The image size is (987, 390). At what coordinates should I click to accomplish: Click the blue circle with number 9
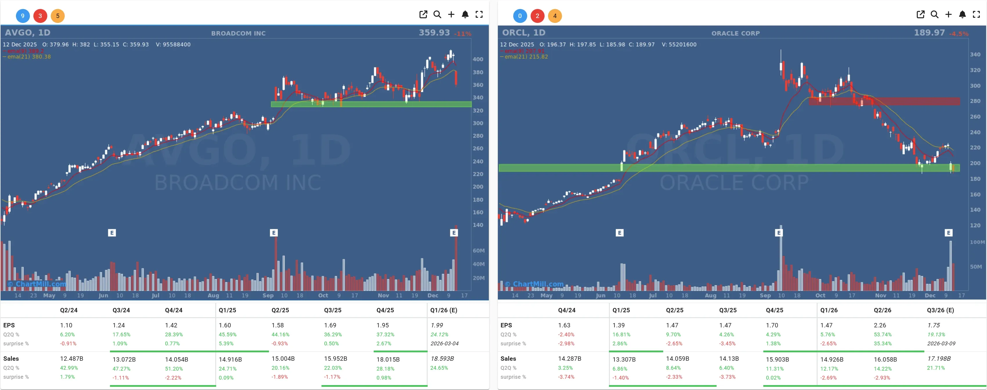[x=23, y=16]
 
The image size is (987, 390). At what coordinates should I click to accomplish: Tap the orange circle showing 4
[x=554, y=16]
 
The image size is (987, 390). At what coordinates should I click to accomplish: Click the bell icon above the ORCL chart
[x=962, y=14]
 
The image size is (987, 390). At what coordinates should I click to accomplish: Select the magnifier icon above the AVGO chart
[x=437, y=14]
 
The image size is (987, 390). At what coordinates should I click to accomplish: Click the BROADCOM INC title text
[x=238, y=33]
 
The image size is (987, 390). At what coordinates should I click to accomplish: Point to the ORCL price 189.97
[x=929, y=32]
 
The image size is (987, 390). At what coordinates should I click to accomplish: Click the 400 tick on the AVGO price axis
[x=478, y=59]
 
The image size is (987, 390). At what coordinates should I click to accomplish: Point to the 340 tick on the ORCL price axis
[x=975, y=55]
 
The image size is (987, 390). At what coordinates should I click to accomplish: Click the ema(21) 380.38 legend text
[x=29, y=57]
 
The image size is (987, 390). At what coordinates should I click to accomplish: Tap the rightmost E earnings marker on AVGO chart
[x=454, y=233]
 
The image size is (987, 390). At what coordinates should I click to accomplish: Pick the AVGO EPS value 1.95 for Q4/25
[x=382, y=325]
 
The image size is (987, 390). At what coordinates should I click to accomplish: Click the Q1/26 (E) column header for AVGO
[x=443, y=310]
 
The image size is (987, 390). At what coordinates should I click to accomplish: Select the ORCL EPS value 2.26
[x=880, y=325]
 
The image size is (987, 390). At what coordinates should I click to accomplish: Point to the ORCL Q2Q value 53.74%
[x=882, y=334]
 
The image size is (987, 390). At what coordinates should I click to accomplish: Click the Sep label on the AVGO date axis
[x=268, y=295]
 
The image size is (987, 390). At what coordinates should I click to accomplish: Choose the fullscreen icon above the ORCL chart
[x=976, y=14]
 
